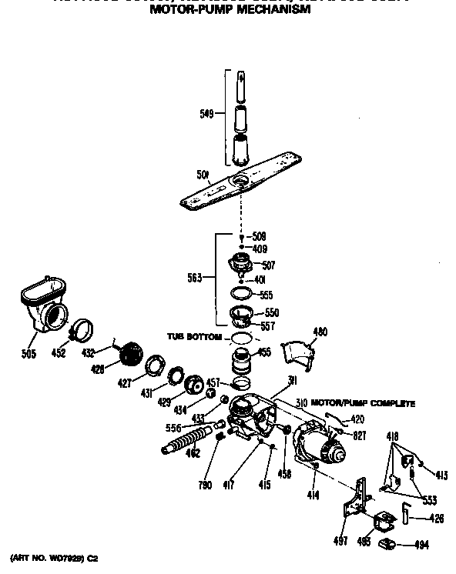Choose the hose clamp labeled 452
pyautogui.click(x=82, y=331)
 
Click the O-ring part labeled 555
pyautogui.click(x=243, y=293)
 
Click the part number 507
pyautogui.click(x=268, y=265)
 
